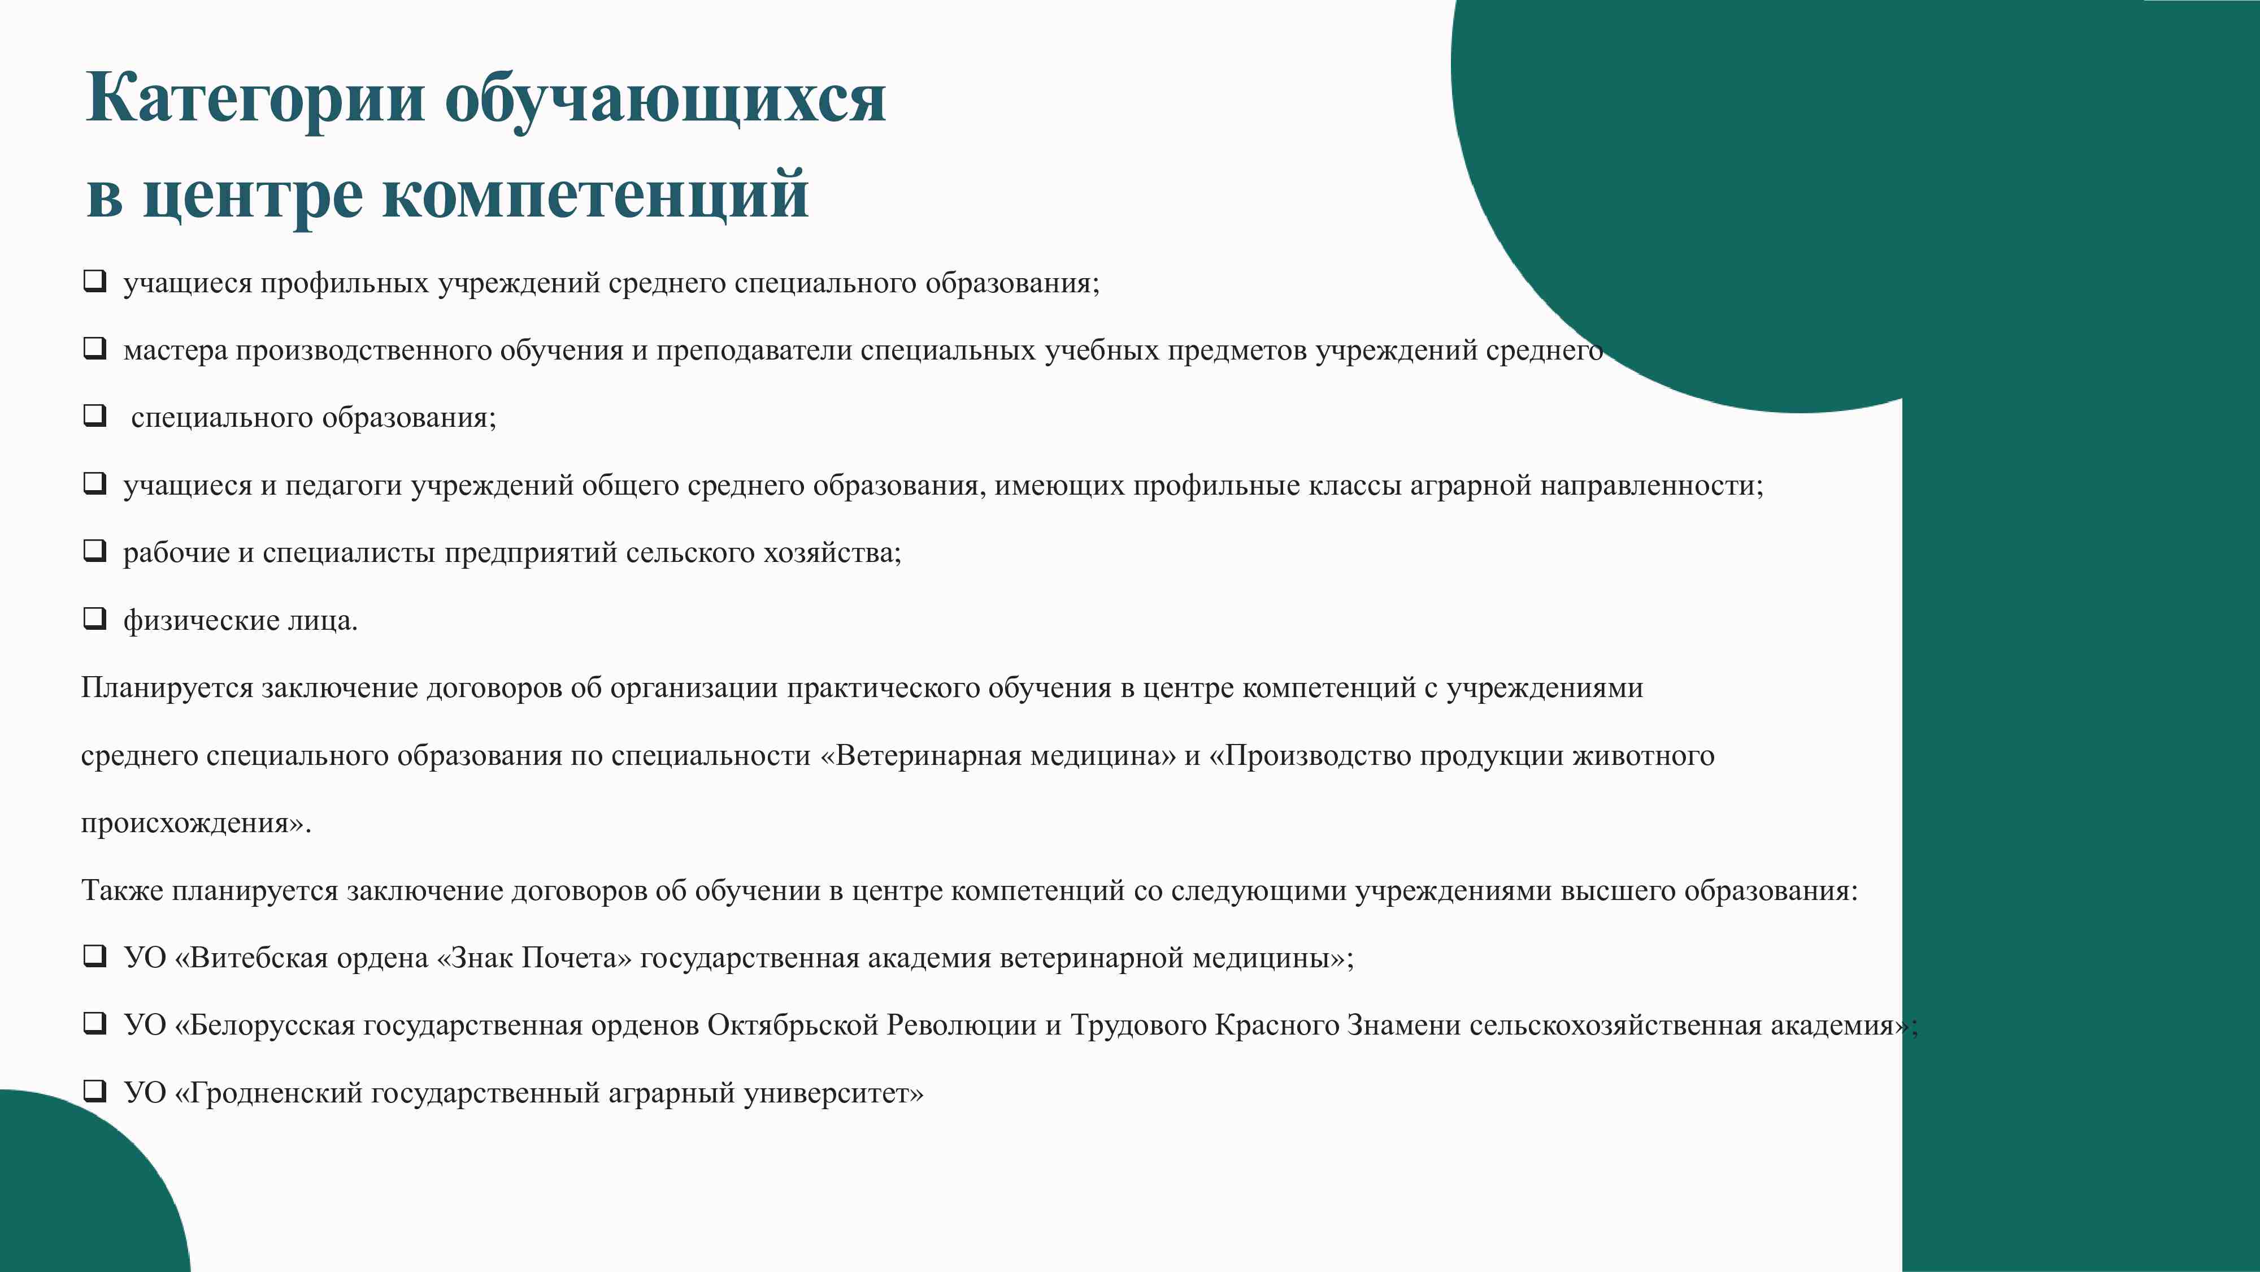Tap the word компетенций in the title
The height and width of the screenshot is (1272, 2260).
(x=595, y=195)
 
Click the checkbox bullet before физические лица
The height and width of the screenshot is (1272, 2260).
(x=95, y=619)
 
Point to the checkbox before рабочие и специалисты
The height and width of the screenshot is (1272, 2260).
(x=95, y=551)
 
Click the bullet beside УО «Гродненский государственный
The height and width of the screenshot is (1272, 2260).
(x=95, y=1091)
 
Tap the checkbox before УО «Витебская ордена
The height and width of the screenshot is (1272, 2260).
(x=95, y=956)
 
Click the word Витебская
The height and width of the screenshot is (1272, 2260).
(x=251, y=958)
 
